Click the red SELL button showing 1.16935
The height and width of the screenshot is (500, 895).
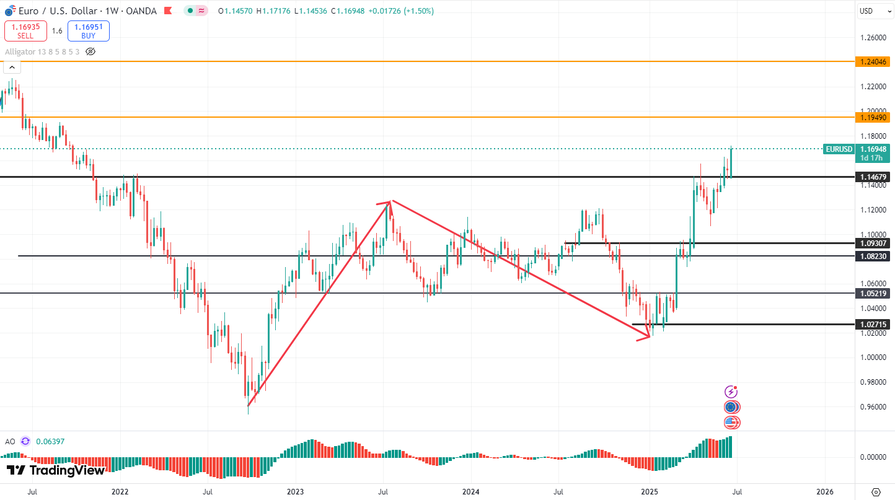tap(25, 31)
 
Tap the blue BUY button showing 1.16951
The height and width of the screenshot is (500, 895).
tap(89, 31)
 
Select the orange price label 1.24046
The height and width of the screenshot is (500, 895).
tap(874, 62)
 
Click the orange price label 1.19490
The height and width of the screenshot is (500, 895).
tap(874, 117)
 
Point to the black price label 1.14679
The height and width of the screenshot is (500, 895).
tap(874, 177)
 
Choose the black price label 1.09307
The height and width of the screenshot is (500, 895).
tap(874, 243)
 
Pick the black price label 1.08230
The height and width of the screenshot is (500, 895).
tap(874, 256)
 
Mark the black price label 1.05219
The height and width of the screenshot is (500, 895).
tap(874, 293)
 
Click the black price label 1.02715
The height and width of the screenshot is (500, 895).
tap(874, 324)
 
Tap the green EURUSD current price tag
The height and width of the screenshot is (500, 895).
tap(839, 149)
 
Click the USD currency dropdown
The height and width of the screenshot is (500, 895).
tap(874, 11)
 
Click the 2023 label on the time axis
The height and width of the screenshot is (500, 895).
tap(295, 492)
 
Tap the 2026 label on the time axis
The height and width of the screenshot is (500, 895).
tap(825, 492)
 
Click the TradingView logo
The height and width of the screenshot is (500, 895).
tap(56, 471)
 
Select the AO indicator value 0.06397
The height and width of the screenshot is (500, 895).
tap(50, 442)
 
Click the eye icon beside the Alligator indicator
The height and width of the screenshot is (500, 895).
tap(90, 51)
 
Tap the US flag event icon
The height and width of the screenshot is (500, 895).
tap(732, 423)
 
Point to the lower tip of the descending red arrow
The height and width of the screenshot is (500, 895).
tap(650, 336)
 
